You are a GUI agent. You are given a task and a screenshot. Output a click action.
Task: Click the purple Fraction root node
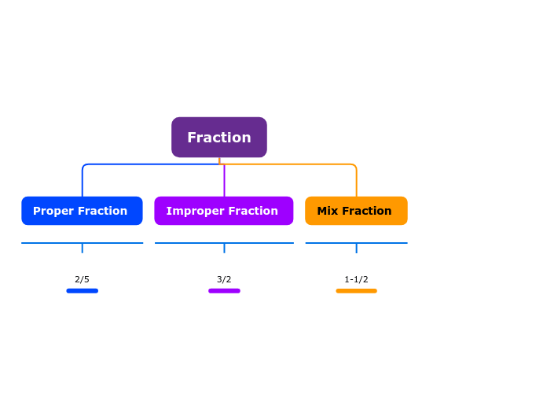point(218,138)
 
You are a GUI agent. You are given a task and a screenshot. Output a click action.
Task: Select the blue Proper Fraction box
point(82,211)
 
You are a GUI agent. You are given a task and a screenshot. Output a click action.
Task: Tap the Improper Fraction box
point(223,211)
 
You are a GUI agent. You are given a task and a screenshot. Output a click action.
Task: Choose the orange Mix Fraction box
point(356,211)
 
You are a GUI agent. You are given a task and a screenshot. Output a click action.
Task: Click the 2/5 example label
point(82,279)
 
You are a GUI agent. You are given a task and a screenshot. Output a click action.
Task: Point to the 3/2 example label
point(224,279)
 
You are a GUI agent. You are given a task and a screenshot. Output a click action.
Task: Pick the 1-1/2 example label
point(356,279)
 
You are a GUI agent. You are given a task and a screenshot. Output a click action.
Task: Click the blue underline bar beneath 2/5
point(82,291)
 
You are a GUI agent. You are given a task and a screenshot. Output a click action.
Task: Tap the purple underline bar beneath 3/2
point(224,291)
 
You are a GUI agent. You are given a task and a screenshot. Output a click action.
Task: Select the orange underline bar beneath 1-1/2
point(356,291)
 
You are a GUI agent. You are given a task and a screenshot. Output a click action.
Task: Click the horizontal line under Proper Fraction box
point(47,243)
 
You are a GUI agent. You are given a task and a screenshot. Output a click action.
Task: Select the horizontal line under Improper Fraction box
point(189,243)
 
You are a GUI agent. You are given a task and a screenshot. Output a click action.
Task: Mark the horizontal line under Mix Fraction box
point(330,243)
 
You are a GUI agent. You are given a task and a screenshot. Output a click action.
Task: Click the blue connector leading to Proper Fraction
point(141,164)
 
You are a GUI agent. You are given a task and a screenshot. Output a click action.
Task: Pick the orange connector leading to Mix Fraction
point(299,164)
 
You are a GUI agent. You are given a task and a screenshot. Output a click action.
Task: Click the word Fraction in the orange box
point(366,211)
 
